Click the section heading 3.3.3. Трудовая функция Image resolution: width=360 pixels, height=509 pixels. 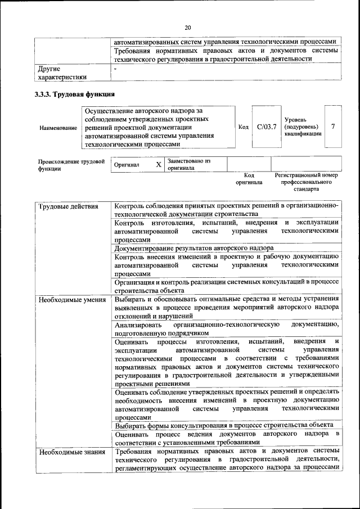pos(75,94)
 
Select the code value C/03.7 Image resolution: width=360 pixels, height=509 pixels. pos(266,127)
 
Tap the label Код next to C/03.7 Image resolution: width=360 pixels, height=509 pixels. pos(243,127)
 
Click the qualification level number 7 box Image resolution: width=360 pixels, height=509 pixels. pos(333,127)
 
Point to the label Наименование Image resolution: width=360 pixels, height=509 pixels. pos(58,128)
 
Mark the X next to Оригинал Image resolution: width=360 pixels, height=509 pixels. pos(159,164)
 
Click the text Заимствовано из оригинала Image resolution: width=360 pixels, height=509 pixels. pos(188,164)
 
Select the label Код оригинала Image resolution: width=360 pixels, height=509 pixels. pos(249,179)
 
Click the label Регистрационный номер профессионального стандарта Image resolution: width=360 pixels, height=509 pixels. pos(306,182)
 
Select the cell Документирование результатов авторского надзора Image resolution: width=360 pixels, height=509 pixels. pos(194,248)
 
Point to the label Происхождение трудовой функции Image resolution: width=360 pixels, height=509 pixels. pos(71,164)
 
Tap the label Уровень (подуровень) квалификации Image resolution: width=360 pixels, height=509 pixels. pos(303,127)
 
